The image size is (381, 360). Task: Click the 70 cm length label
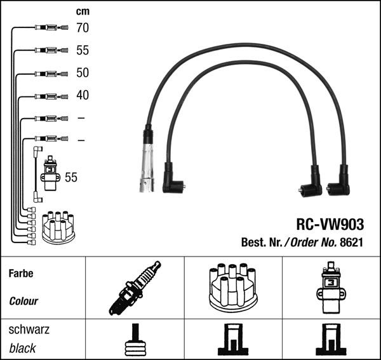pos(83,28)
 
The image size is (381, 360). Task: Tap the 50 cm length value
pos(83,72)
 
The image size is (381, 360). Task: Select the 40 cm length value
pos(83,95)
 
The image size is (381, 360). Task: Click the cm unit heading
pos(83,11)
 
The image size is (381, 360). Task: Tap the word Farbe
pos(20,274)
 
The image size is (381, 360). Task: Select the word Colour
pos(23,301)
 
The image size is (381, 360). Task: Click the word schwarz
pos(29,330)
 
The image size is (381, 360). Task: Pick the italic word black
pos(23,348)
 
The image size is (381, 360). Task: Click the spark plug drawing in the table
pos(135,288)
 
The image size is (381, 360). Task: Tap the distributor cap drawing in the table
pos(232,288)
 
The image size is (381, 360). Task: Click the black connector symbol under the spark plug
pos(135,342)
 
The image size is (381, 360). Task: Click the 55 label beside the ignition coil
pos(71,178)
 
